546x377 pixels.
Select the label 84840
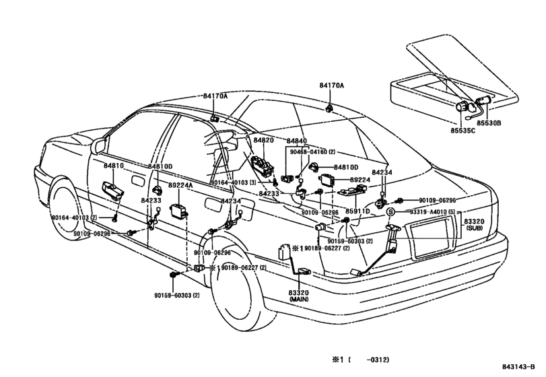tap(296, 141)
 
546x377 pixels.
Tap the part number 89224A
tap(180, 185)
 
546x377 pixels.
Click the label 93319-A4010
tap(421, 211)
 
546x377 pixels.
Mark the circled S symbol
tap(390, 211)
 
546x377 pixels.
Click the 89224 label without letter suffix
tap(361, 180)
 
